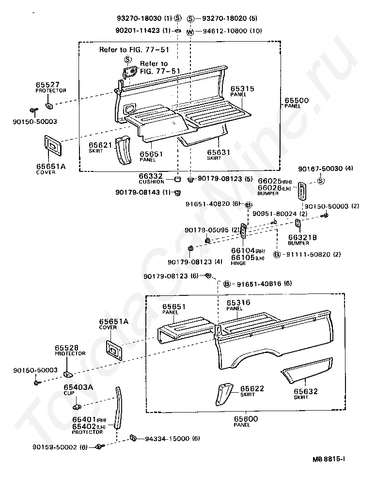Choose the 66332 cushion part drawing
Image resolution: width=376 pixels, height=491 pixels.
(178, 180)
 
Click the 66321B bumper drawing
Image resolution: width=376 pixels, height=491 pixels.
(298, 224)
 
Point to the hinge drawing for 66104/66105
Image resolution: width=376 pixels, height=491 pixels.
(244, 231)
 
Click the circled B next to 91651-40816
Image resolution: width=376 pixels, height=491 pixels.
(226, 284)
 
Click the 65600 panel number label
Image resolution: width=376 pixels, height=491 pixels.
(241, 418)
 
